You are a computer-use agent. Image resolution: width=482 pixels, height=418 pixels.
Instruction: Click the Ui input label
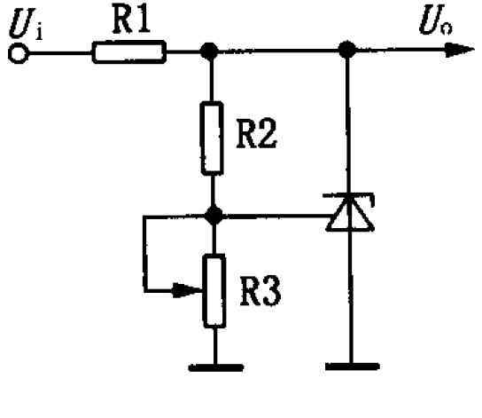coord(26,26)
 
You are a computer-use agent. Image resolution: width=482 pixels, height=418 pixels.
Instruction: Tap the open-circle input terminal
coord(18,53)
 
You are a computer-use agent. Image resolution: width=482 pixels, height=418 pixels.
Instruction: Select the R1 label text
coord(131,20)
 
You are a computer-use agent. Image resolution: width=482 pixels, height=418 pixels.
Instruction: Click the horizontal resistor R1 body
coord(129,52)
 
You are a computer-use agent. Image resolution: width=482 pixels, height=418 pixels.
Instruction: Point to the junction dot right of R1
coord(209,51)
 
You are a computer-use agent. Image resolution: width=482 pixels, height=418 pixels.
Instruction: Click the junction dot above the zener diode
coord(347,49)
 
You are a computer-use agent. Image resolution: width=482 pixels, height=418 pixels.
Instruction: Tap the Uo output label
coord(436,20)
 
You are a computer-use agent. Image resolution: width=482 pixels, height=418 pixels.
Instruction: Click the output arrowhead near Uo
coord(460,50)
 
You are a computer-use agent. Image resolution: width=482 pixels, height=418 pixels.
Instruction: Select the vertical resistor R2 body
coord(212,138)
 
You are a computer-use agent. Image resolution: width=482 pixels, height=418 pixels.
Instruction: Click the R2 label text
coord(257,135)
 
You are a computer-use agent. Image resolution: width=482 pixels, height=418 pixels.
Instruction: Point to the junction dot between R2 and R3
coord(214,216)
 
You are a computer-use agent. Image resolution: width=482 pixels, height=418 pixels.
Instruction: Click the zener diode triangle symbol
coord(350,214)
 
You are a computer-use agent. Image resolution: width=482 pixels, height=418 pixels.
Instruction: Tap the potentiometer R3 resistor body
coord(214,291)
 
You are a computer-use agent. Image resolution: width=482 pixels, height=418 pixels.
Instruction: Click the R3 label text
coord(260,291)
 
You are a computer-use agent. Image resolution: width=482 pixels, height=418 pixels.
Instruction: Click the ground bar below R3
coord(216,367)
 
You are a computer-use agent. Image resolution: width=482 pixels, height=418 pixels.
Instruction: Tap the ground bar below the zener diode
coord(353,367)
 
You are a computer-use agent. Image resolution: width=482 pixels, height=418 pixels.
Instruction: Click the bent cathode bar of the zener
coord(348,196)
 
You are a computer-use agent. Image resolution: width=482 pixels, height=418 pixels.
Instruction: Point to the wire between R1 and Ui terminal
coord(60,53)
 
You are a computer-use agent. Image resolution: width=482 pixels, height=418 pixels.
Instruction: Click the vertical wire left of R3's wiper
coord(145,253)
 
